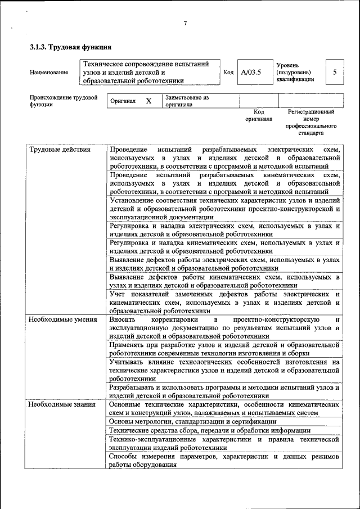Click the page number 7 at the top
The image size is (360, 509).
click(x=184, y=23)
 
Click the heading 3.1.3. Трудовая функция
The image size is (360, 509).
click(x=70, y=47)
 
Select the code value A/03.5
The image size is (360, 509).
click(x=251, y=73)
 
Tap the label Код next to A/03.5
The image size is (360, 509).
click(x=228, y=73)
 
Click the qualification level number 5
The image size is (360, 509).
click(x=335, y=72)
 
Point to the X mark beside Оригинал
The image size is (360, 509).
click(x=148, y=101)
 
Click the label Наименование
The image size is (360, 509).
click(x=49, y=73)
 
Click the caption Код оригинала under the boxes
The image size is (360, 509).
click(x=259, y=116)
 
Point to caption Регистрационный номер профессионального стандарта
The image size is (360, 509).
click(x=311, y=123)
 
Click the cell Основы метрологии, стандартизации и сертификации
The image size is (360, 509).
click(x=192, y=421)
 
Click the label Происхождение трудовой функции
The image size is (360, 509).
click(x=64, y=101)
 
